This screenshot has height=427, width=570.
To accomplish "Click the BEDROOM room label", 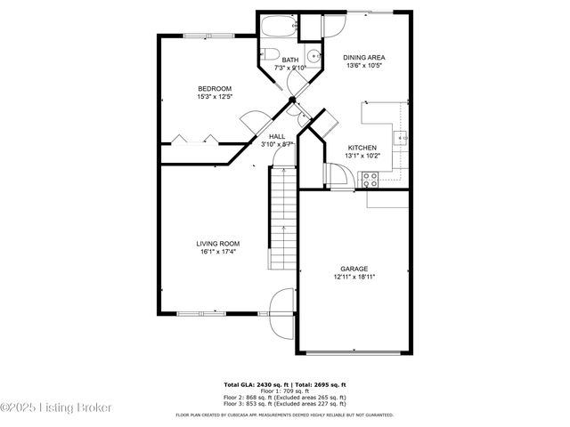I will [x=215, y=88].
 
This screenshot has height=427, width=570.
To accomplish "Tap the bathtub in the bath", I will [x=277, y=25].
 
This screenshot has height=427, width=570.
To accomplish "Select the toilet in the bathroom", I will [x=271, y=52].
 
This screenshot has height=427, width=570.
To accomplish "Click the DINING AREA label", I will [x=363, y=57].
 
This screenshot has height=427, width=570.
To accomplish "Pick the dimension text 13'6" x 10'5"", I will [x=363, y=65].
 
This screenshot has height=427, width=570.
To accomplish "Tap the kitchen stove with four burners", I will [x=368, y=179].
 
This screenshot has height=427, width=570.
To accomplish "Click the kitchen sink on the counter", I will [x=402, y=138].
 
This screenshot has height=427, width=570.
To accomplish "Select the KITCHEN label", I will [x=362, y=148].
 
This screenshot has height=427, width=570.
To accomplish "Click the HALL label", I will [x=277, y=136].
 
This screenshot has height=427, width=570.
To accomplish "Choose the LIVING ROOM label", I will [x=217, y=243].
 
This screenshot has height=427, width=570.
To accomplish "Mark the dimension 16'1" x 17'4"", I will [x=217, y=251].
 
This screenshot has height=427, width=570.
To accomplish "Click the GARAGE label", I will [x=354, y=269].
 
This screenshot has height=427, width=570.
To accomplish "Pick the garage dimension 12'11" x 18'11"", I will [x=354, y=277].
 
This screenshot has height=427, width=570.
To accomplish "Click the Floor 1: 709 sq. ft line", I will [x=285, y=390].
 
